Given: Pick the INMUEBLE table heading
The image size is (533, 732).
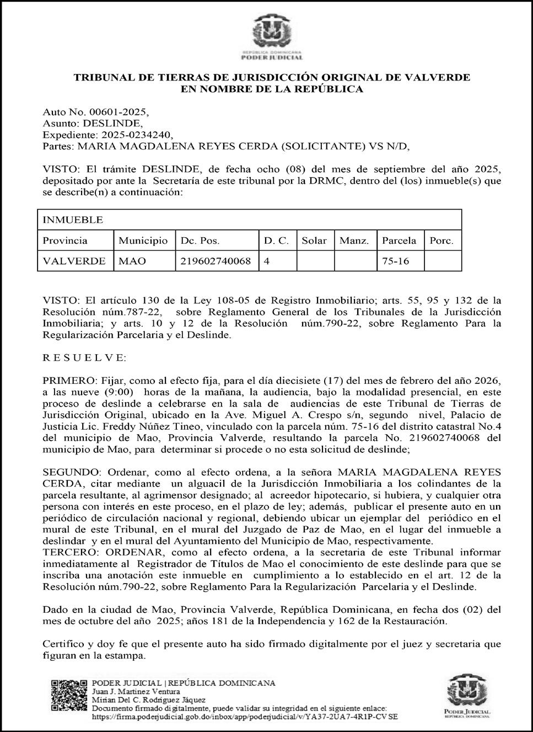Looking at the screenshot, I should (x=73, y=220).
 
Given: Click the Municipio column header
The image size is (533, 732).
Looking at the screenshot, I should (x=143, y=241).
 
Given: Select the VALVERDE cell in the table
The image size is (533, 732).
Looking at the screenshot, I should (x=74, y=261).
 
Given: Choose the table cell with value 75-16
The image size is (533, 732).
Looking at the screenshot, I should (x=395, y=261).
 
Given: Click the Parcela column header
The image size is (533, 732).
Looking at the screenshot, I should (x=399, y=241).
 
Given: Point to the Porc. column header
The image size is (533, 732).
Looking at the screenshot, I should (x=442, y=241).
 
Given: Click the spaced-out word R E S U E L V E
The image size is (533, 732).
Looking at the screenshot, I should (x=84, y=357).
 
